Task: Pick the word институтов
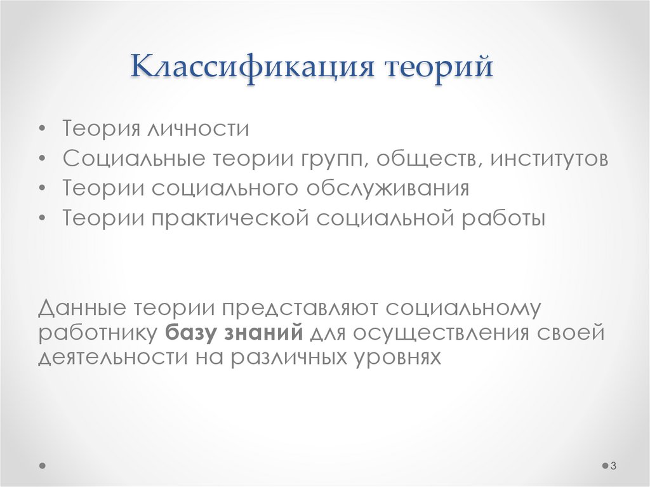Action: tap(548, 159)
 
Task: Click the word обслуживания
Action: tap(388, 189)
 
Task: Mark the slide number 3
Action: tap(614, 467)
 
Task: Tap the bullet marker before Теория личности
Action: tap(42, 130)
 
